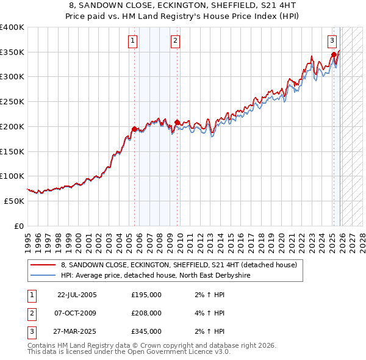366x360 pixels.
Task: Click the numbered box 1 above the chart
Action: pos(132,41)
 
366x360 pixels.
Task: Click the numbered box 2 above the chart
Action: pos(175,41)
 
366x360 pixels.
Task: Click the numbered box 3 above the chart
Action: pos(332,41)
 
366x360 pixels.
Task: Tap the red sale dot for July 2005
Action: pos(134,129)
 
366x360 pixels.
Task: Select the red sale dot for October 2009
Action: pos(177,122)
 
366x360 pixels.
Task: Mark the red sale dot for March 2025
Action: pos(334,54)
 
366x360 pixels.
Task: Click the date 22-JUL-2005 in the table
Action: pos(77,295)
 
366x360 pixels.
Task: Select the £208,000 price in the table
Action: pos(146,313)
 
